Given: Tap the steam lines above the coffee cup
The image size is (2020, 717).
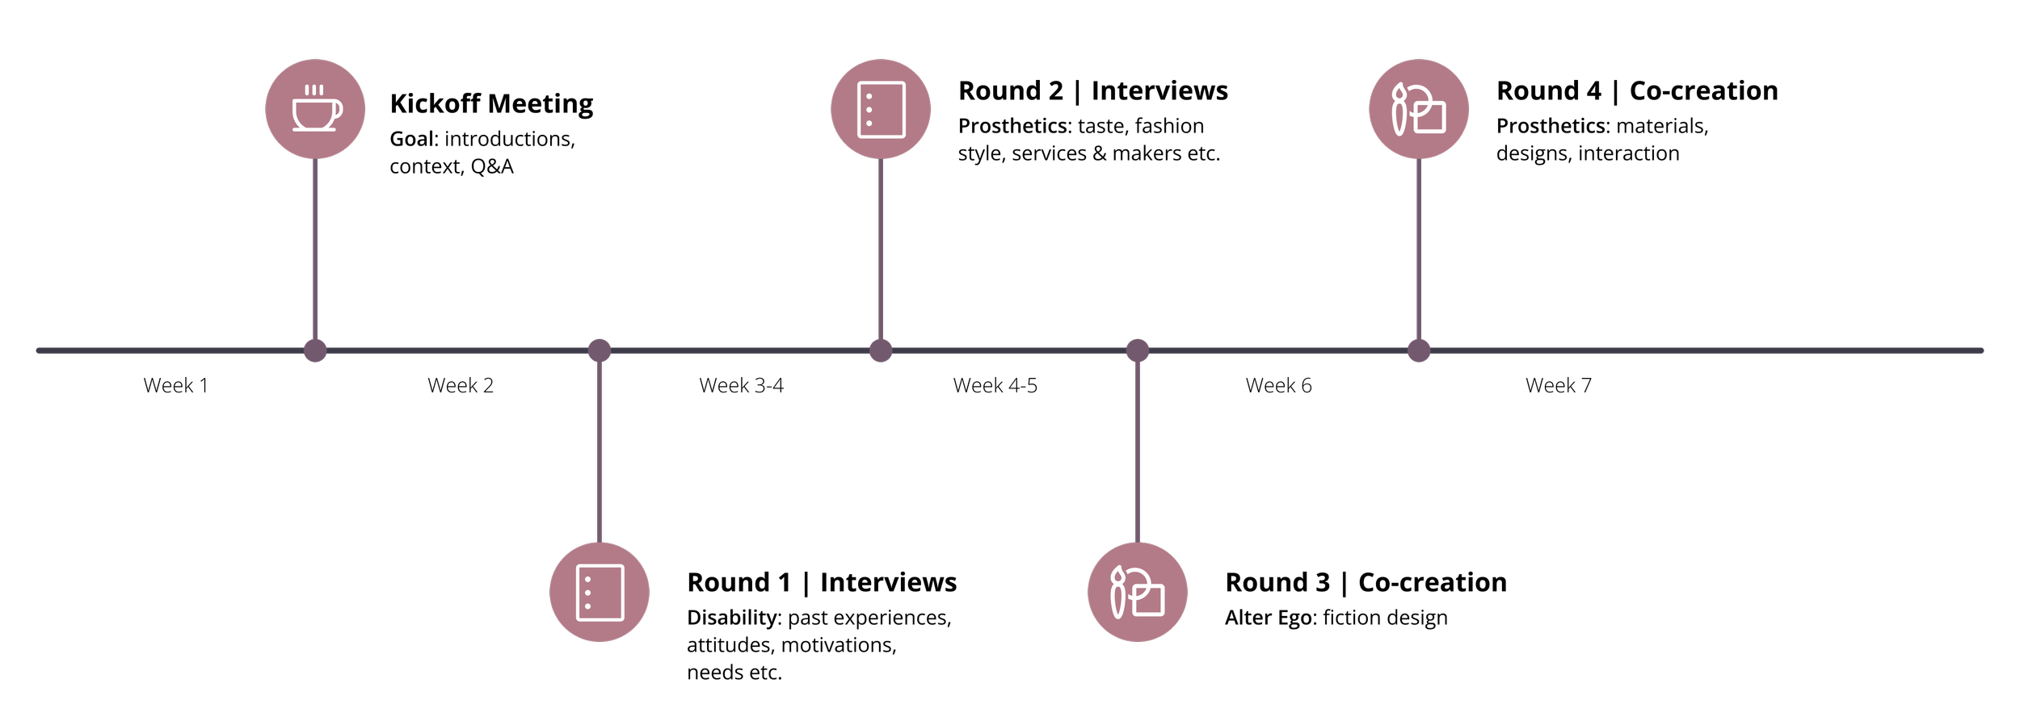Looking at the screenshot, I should pyautogui.click(x=314, y=90).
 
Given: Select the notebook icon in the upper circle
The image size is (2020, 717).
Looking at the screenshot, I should pyautogui.click(x=881, y=109).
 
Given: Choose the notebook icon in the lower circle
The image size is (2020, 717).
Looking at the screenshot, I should pyautogui.click(x=600, y=593).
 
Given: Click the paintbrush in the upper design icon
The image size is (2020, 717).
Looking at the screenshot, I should pyautogui.click(x=1399, y=110).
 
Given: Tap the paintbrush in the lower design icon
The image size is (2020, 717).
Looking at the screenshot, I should pyautogui.click(x=1117, y=593).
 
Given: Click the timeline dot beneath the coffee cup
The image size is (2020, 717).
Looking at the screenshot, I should pyautogui.click(x=315, y=350).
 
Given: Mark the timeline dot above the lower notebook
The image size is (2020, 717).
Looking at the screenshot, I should pyautogui.click(x=600, y=350).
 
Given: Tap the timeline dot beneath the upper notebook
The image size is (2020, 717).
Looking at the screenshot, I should pyautogui.click(x=881, y=350).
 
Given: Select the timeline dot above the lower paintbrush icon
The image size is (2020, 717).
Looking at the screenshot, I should pyautogui.click(x=1138, y=350).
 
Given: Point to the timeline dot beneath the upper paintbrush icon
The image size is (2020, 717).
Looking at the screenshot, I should pyautogui.click(x=1419, y=350).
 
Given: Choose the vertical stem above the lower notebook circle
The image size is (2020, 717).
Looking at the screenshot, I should pyautogui.click(x=600, y=452).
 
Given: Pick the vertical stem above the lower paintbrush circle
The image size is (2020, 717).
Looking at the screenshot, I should pyautogui.click(x=1138, y=452).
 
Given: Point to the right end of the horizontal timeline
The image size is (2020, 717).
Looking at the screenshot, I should pyautogui.click(x=1980, y=350).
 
